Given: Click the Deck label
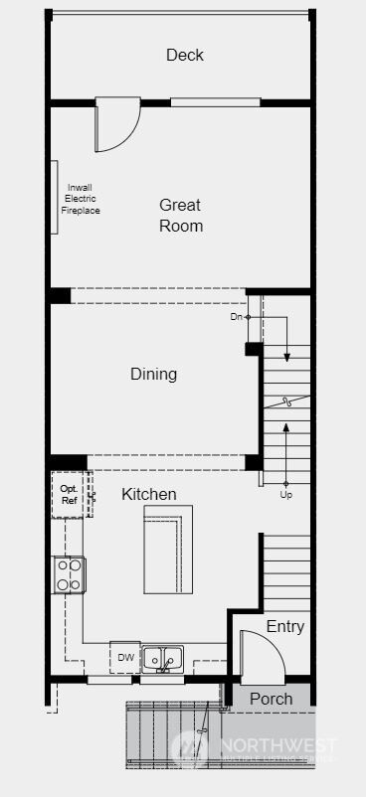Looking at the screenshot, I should (x=185, y=55).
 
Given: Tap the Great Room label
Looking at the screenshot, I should (x=180, y=216).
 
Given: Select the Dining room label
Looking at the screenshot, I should (x=153, y=375).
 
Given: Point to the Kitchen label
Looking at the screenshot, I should (x=149, y=494).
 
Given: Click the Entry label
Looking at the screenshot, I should (x=285, y=627).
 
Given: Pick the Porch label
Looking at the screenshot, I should (x=271, y=699).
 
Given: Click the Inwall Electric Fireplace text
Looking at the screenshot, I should (x=81, y=199).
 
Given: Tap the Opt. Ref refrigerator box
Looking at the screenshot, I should (x=69, y=495).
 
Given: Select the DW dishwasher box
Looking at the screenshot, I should (x=125, y=657).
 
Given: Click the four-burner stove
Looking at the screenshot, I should (x=69, y=574).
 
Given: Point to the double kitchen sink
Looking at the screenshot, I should (x=161, y=657).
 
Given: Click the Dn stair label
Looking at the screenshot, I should (x=236, y=317).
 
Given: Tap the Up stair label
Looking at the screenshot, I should (x=286, y=494).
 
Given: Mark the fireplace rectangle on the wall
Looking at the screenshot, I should (x=54, y=197).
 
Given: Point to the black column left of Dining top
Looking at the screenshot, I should (x=61, y=295).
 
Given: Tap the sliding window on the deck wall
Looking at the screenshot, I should (x=215, y=101).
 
